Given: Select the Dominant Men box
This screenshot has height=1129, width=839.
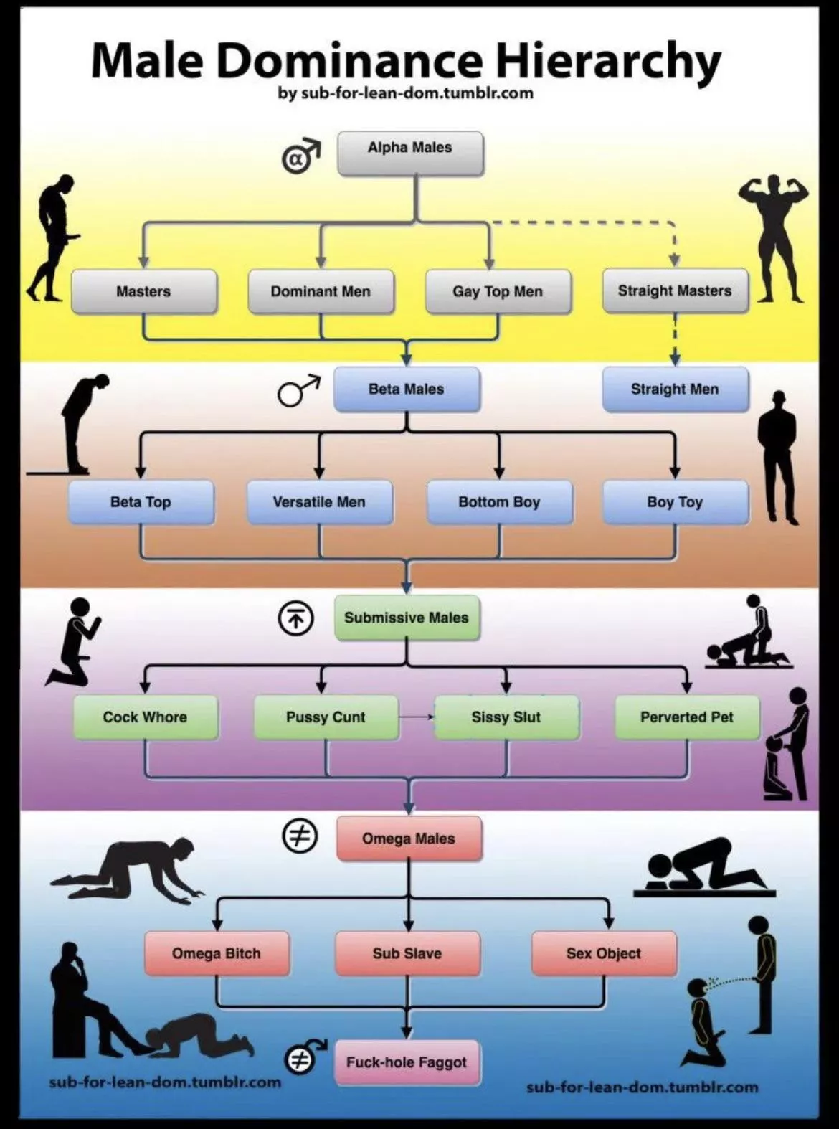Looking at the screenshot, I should [321, 291].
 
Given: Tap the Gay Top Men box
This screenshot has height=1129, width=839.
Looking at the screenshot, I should [498, 291].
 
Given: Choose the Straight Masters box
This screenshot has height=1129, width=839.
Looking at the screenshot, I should [675, 290].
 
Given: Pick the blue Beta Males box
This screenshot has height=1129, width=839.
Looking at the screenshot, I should [407, 389].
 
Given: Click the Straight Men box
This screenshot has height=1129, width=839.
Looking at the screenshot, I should [675, 389].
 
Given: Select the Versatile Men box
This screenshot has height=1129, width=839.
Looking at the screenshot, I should [319, 502].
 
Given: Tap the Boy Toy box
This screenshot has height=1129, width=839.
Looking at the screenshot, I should [675, 502].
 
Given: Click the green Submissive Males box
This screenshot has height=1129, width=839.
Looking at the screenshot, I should [407, 618].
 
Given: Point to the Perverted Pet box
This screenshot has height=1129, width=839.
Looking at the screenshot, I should [687, 717].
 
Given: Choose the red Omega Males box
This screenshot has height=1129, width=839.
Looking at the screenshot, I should [409, 838].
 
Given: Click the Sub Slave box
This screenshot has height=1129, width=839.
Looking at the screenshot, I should [407, 953].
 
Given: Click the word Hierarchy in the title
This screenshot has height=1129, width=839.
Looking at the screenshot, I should [608, 62].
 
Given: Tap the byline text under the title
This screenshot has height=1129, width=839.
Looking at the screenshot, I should [406, 93].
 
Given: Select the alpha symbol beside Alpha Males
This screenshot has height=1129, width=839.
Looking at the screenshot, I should [300, 156].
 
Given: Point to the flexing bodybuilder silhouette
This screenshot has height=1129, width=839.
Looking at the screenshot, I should [773, 237].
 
